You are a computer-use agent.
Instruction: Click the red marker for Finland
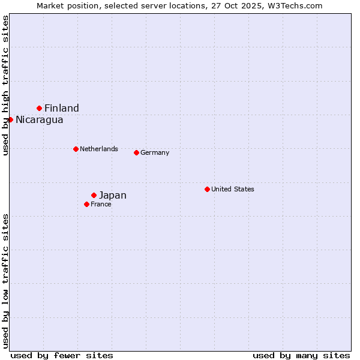point(40,108)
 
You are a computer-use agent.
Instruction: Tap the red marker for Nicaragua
point(10,119)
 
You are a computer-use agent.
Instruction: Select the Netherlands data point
point(76,149)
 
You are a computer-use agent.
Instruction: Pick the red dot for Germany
point(136,152)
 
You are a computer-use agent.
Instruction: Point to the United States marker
point(207,189)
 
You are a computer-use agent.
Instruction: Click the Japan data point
point(94,195)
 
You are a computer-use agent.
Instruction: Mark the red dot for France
point(86,204)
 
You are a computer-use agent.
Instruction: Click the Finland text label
point(62,108)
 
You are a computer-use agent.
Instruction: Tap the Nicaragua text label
point(40,119)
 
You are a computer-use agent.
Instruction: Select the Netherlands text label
point(99,149)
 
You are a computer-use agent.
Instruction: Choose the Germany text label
point(155,152)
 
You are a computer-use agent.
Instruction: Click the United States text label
point(233,189)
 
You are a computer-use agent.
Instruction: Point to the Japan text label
point(113,195)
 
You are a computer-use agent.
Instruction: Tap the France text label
point(101,204)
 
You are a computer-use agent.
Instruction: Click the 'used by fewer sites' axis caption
point(62,355)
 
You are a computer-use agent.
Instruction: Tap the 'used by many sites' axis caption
point(301,355)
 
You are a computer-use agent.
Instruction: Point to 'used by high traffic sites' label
point(5,85)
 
